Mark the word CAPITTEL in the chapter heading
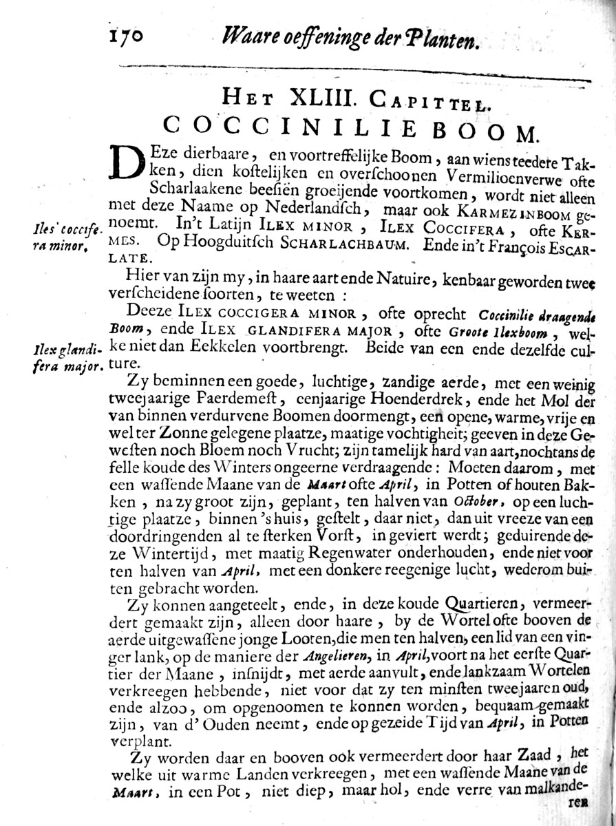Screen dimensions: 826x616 coord(428,101)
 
